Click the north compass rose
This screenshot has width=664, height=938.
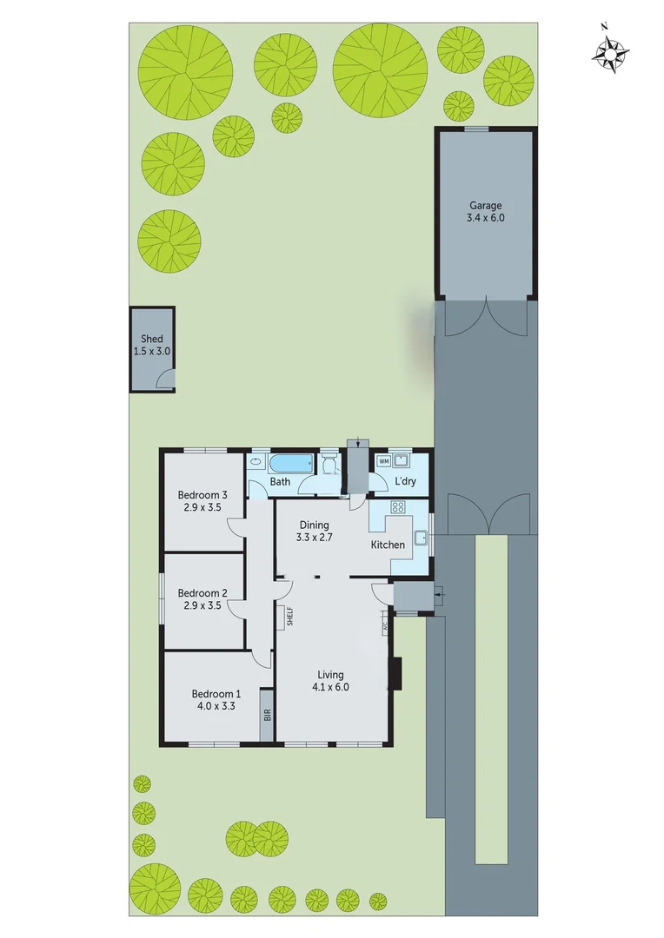611,54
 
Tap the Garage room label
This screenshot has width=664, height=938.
485,206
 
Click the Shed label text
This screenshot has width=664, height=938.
152,340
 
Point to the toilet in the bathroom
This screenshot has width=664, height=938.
329,466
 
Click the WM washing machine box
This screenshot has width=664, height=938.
383,460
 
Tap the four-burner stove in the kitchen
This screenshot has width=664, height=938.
400,507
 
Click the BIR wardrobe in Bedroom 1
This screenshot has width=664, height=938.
268,715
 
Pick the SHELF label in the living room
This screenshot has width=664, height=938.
290,616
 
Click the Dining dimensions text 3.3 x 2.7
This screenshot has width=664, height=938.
315,538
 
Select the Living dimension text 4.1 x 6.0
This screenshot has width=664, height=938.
330,687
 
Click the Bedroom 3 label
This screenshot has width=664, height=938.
203,496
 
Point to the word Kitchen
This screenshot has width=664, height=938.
388,545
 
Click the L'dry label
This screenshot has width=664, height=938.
405,480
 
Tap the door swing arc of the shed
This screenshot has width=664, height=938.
164,377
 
